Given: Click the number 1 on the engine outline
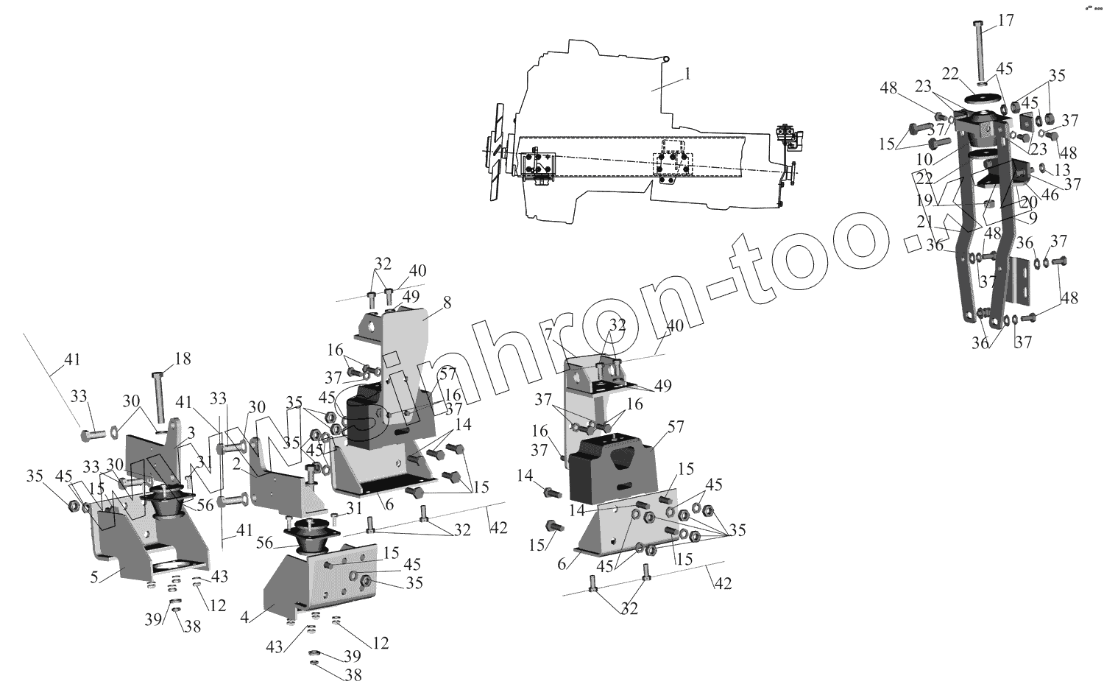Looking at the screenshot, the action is [687, 74].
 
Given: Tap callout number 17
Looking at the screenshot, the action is [1005, 21].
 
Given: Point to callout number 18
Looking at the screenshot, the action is [182, 359].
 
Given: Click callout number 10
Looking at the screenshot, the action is [925, 159].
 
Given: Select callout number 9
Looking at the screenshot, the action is [1033, 217].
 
